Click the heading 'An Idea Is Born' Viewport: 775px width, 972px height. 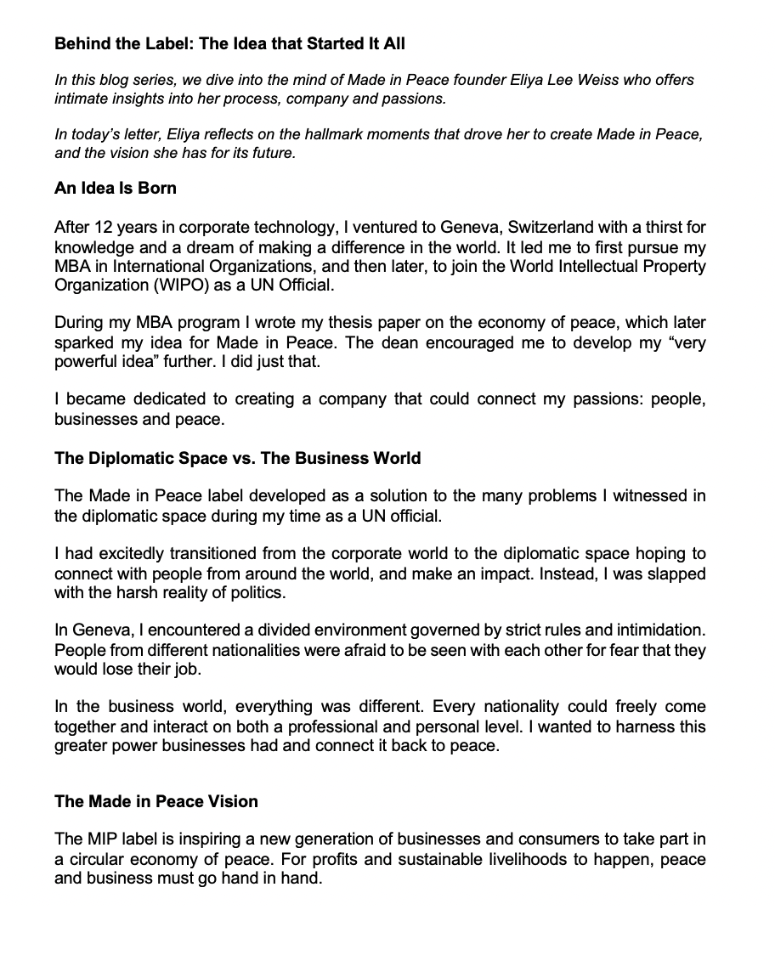point(116,188)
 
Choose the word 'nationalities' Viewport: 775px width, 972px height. point(239,650)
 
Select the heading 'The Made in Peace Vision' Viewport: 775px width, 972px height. point(156,801)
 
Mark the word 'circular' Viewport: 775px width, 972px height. point(95,859)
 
